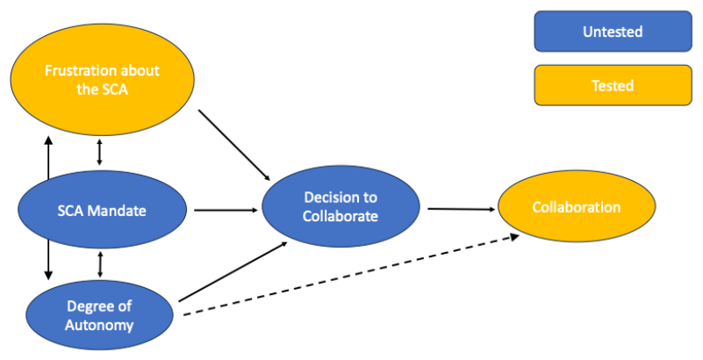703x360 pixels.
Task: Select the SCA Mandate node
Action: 103,211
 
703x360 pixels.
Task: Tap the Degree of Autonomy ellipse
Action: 100,315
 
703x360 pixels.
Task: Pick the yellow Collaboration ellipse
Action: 576,208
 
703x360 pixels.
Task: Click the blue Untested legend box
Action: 613,32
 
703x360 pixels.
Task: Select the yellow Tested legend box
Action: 613,86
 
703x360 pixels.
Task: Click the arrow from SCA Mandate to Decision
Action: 227,211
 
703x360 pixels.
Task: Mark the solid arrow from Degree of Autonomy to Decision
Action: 233,271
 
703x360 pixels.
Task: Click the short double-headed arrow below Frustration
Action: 99,151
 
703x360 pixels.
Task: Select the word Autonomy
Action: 100,325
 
